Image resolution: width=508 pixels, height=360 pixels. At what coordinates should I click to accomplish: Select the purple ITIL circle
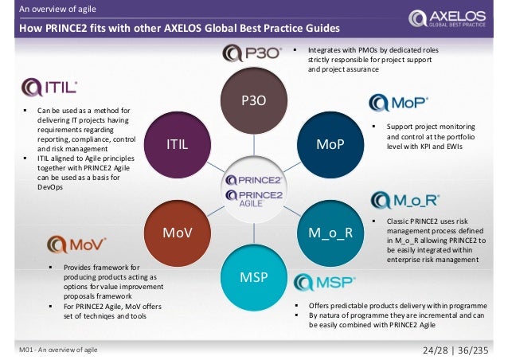pos(176,145)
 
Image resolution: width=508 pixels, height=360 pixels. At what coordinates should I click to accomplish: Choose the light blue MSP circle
pos(254,276)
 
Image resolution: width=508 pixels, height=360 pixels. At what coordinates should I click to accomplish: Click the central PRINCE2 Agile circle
pos(254,189)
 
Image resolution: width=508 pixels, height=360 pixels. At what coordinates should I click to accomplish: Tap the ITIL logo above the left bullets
pos(49,87)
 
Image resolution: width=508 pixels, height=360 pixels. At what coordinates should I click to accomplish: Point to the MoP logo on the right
pos(399,104)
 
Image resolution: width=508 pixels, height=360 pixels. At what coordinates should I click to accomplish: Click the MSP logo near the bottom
pos(323,282)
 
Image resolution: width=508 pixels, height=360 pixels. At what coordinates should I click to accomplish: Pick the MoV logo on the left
pos(73,243)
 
